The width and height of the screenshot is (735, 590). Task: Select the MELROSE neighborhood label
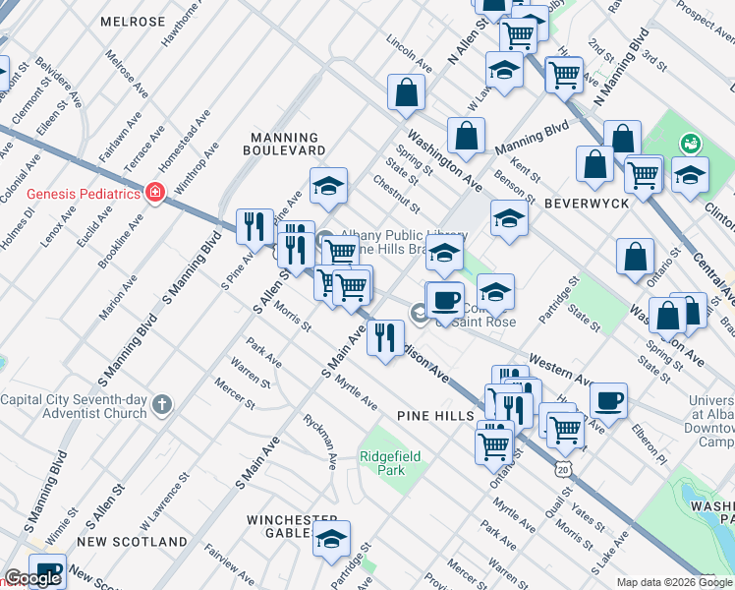[x=133, y=22]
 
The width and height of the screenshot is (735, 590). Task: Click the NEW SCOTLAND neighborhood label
[x=132, y=542]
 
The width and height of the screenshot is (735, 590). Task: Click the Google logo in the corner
[x=32, y=578]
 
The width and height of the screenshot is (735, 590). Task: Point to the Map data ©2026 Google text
[x=674, y=582]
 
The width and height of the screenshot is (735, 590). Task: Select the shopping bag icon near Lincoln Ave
[x=406, y=93]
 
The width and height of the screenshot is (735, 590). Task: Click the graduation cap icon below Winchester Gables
[x=332, y=538]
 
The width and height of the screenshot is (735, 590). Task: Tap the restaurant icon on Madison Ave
[x=385, y=337]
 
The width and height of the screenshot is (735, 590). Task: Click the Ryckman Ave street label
[x=331, y=447]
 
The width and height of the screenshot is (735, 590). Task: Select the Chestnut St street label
[x=396, y=195]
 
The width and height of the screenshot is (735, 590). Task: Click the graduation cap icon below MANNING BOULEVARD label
[x=329, y=184]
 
